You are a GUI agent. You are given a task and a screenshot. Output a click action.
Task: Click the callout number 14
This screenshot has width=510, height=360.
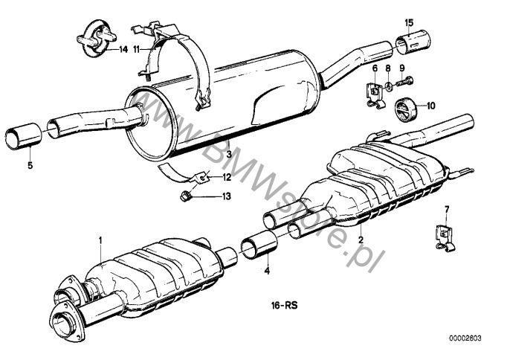point(123,50)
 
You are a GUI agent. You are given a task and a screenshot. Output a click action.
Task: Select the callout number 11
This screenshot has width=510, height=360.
point(136,50)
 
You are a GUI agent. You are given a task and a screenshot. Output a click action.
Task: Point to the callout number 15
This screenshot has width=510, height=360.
point(409,23)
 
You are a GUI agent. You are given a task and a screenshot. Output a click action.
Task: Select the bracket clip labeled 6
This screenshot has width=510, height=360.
point(375,94)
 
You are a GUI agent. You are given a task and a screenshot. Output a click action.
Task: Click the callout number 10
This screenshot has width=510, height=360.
point(430,106)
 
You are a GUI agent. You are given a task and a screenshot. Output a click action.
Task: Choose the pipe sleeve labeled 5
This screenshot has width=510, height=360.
point(24,136)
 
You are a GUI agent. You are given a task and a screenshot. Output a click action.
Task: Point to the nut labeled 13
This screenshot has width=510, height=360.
point(185,196)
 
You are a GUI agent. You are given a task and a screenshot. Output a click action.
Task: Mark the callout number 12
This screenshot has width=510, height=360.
point(227,177)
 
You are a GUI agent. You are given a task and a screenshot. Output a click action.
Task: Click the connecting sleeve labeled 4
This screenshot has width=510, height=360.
point(259,245)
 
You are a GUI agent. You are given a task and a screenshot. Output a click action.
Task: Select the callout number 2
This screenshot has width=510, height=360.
point(361,240)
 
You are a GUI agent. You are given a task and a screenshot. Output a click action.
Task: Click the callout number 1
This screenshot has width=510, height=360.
point(100,240)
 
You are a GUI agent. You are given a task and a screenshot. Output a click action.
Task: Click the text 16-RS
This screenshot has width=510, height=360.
point(284,306)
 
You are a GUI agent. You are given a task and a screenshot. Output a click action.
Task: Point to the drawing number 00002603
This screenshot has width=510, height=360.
point(465,338)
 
